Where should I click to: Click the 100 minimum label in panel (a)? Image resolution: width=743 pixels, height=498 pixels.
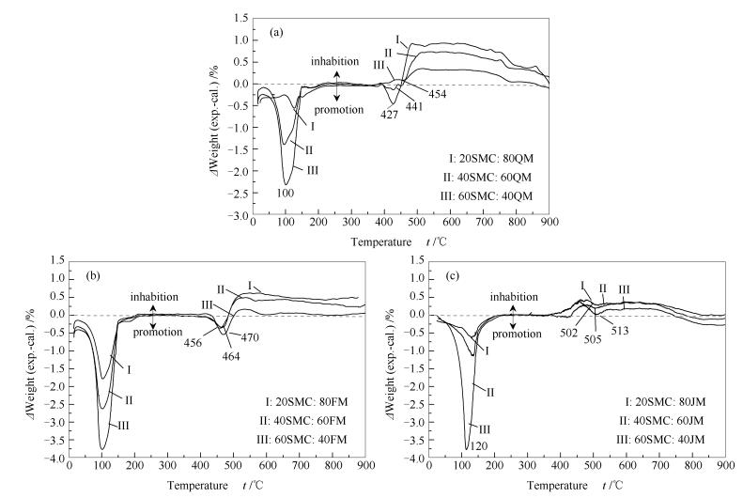click(x=286, y=194)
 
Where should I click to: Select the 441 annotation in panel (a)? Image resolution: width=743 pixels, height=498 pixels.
click(x=414, y=106)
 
